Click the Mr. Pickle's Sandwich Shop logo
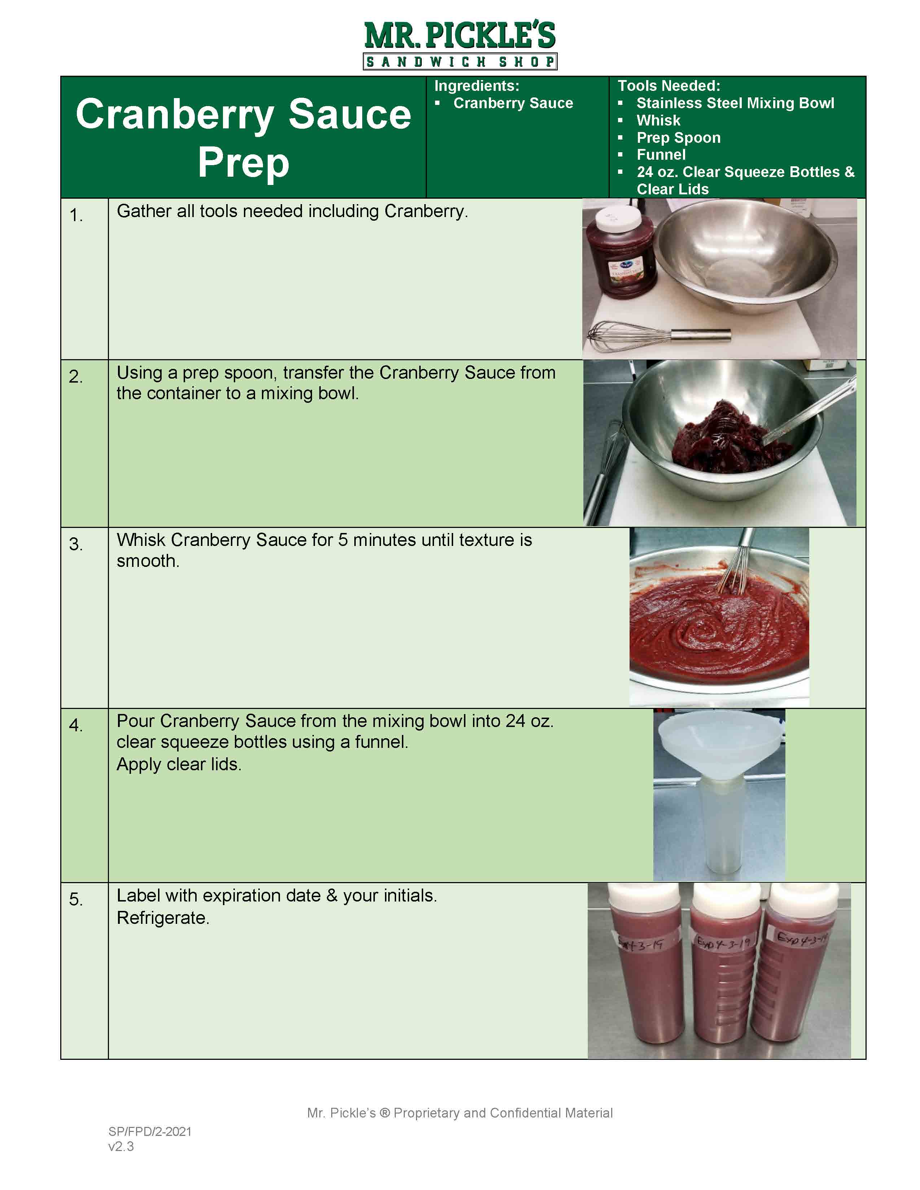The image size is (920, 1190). (x=460, y=45)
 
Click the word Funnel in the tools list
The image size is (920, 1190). (x=661, y=155)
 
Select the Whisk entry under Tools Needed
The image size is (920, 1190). (x=658, y=120)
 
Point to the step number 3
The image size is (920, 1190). (x=76, y=544)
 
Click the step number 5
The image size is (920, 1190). (x=76, y=900)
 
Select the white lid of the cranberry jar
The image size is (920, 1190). (x=618, y=219)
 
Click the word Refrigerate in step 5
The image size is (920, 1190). (x=162, y=918)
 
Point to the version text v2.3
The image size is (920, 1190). (x=121, y=1146)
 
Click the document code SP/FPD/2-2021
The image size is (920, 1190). (x=150, y=1131)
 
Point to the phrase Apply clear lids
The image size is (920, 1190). (x=179, y=764)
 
